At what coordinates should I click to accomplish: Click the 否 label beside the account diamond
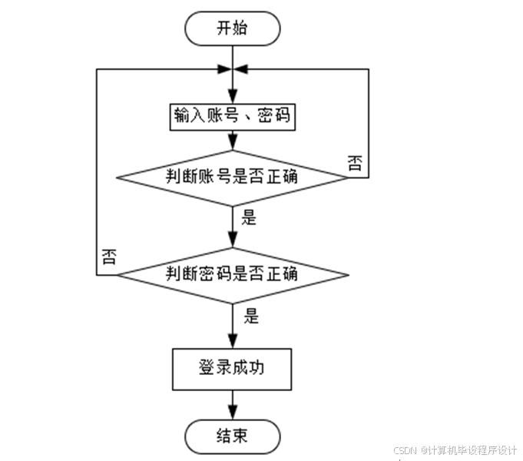356,163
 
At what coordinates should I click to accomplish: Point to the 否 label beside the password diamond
109,257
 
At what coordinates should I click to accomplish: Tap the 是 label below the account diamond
249,217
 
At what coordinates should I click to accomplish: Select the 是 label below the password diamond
250,315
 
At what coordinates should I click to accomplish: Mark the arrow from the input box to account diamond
232,140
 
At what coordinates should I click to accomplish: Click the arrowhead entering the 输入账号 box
232,98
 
